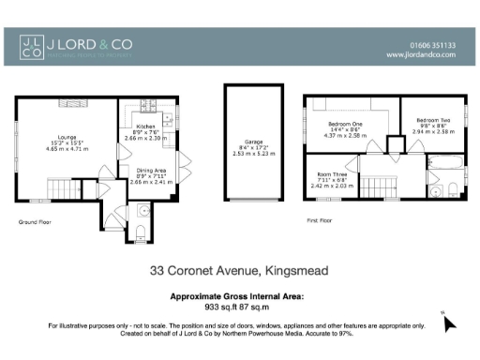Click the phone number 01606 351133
point(433,44)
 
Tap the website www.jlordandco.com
point(421,55)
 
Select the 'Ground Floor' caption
point(34,222)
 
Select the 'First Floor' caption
point(320,222)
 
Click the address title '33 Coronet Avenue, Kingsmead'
point(239,271)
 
